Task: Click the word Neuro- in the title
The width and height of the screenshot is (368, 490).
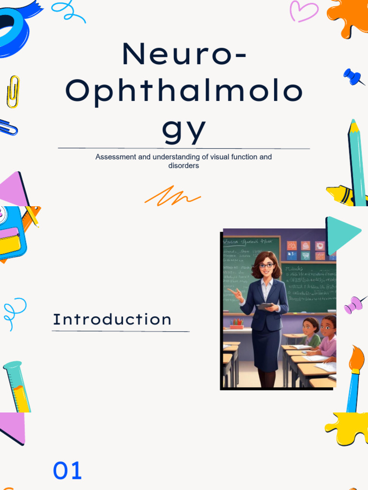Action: point(184,54)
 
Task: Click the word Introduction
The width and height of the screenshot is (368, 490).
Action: point(112,319)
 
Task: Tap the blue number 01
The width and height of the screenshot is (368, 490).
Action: point(67,471)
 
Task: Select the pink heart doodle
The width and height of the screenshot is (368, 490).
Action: point(304,11)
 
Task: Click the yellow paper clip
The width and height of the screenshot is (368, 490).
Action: point(13,91)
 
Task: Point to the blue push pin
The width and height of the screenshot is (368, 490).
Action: point(353,76)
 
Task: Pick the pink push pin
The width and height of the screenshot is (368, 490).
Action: point(355,304)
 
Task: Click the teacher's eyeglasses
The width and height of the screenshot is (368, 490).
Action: point(266,265)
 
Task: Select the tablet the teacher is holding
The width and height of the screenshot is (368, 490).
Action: point(265,305)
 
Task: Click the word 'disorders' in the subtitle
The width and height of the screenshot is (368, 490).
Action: point(184,166)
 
